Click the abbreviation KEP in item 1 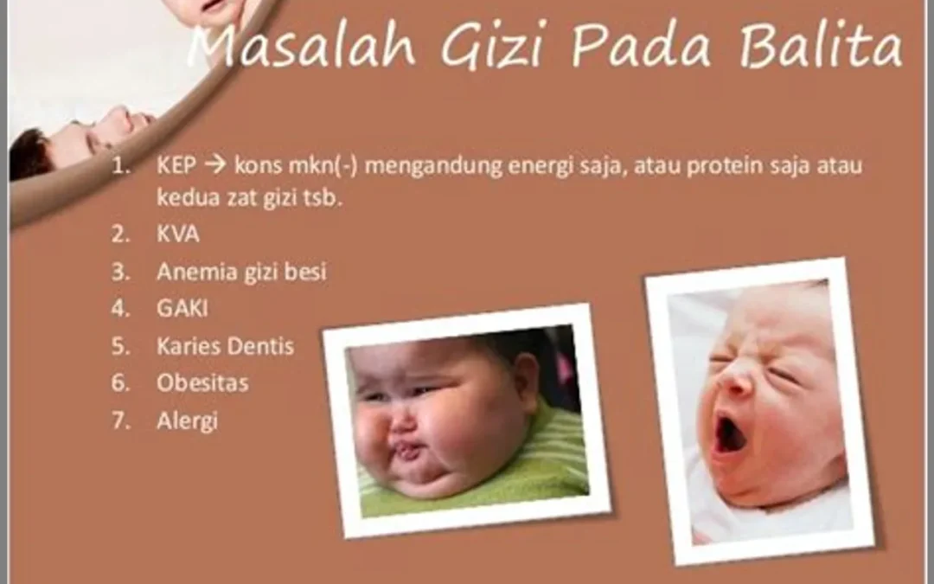click(176, 165)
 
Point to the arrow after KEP click(215, 165)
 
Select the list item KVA click(177, 234)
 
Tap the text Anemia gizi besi click(241, 272)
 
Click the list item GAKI click(182, 309)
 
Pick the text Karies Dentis click(225, 346)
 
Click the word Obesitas click(202, 383)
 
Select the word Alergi click(187, 421)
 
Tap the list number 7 click(119, 420)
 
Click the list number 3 click(119, 272)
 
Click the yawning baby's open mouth click(730, 433)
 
